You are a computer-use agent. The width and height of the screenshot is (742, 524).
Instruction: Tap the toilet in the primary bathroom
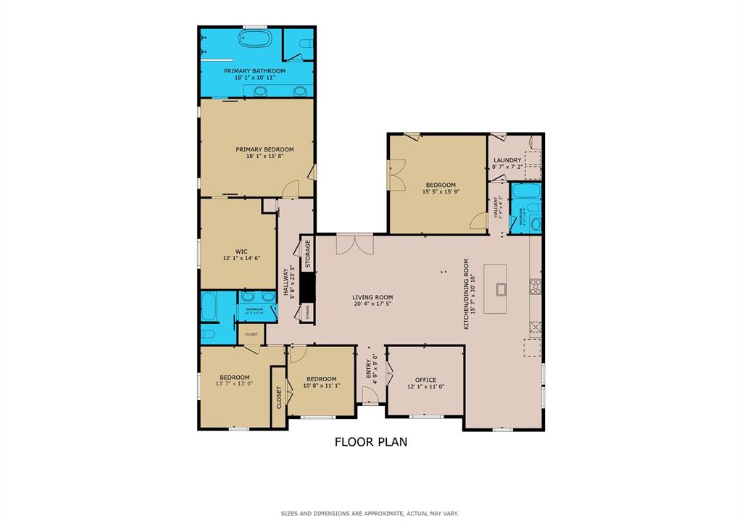pos(304,47)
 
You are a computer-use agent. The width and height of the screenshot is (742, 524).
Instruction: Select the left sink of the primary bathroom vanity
pos(261,91)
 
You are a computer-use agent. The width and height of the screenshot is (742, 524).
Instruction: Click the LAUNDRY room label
pos(507,160)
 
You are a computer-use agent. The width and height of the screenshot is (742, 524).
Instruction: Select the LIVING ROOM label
pos(372,297)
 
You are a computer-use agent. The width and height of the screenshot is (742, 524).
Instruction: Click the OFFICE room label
pos(425,380)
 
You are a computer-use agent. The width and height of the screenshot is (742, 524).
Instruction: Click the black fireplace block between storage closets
pos(307,288)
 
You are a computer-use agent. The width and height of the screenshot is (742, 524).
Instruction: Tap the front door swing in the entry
pos(370,395)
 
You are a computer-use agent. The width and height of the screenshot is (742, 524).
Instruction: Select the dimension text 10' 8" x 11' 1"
pos(321,386)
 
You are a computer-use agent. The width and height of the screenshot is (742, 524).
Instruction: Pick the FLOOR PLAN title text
pos(370,441)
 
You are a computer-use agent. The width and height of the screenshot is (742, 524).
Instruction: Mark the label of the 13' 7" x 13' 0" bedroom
pos(235,377)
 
